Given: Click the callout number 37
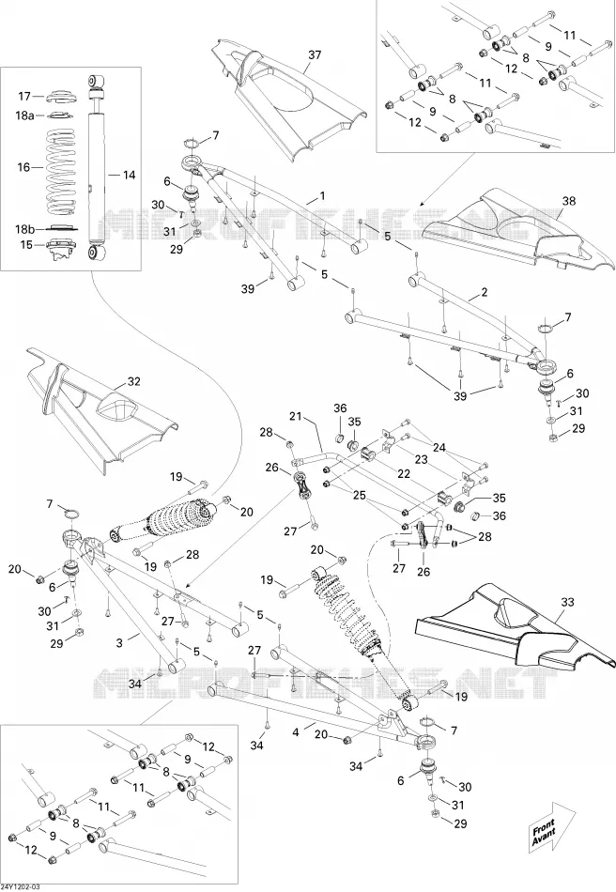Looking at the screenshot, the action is click(x=315, y=55).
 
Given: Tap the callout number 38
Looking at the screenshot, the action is click(x=569, y=201).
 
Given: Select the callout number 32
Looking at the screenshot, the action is click(x=133, y=382).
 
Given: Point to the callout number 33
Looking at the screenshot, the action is click(x=568, y=602).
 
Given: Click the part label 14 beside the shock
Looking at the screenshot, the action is click(x=129, y=176).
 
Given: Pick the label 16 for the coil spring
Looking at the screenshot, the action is click(x=23, y=167).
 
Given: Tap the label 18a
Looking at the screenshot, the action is click(x=24, y=115).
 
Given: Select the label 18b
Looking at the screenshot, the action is click(x=24, y=229).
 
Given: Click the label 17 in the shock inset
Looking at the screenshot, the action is click(x=24, y=96).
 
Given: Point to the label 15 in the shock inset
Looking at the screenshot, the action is click(x=26, y=245).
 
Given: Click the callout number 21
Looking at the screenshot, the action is click(x=295, y=417).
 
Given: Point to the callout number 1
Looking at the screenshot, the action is click(x=322, y=196).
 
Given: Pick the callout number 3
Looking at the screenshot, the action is click(x=119, y=643).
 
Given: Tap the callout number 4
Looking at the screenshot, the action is click(x=296, y=732).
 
